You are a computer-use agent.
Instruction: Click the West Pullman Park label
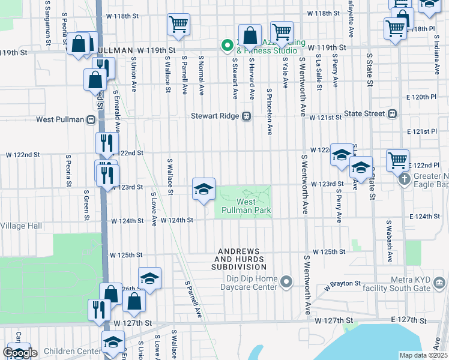(x=246, y=206)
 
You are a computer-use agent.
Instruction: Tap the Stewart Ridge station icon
(x=246, y=116)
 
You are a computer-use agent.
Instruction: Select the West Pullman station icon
(x=91, y=119)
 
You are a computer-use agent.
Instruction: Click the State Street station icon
(x=393, y=113)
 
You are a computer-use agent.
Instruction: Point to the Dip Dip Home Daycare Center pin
(x=288, y=281)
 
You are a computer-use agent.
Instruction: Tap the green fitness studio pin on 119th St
(x=228, y=45)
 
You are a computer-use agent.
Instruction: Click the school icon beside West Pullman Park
(x=203, y=189)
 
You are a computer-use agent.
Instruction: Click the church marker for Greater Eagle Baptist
(x=405, y=179)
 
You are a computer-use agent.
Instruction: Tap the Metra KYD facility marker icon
(x=439, y=281)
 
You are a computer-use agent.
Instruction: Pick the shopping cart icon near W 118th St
(x=178, y=24)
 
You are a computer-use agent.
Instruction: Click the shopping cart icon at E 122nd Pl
(x=397, y=160)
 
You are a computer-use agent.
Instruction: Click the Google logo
(x=20, y=353)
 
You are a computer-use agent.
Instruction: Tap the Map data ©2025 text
(x=424, y=355)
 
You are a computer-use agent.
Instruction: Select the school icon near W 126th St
(x=149, y=278)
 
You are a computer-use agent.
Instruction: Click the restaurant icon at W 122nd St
(x=104, y=143)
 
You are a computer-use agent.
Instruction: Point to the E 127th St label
(x=408, y=321)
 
